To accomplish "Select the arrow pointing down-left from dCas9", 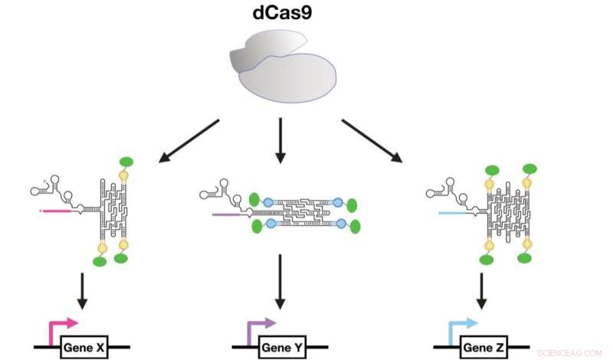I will point(188,141).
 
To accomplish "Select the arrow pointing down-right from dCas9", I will point(372,141).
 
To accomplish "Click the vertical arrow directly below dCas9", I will point(280,141).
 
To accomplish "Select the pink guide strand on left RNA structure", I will point(54,208).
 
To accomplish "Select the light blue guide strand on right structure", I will point(444,208).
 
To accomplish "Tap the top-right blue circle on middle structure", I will point(338,201).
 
